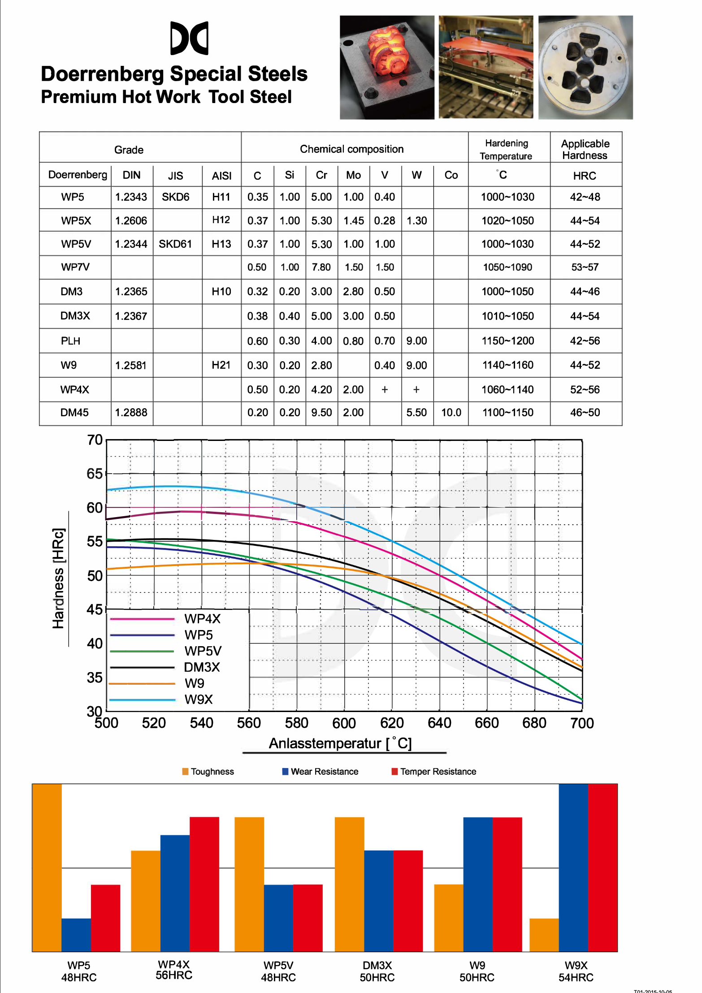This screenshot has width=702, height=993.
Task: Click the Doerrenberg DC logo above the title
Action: [x=189, y=38]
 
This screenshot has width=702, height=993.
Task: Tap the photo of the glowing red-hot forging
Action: [x=387, y=67]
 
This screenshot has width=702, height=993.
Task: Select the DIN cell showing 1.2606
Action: [x=131, y=220]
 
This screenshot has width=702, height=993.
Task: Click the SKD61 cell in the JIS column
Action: [x=175, y=244]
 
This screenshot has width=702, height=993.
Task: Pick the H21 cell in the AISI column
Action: [x=221, y=365]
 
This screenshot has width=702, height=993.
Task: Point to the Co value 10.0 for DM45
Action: [x=451, y=413]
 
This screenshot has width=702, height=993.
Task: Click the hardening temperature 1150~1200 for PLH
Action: [x=508, y=341]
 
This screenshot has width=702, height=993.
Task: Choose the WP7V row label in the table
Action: [x=75, y=268]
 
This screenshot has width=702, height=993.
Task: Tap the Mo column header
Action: [x=353, y=175]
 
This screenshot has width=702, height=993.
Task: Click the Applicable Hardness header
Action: [x=585, y=149]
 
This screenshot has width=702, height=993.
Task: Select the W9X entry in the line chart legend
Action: [x=198, y=699]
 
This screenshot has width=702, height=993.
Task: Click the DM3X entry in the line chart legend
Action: [x=202, y=667]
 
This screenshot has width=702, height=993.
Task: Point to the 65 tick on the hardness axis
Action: [x=95, y=474]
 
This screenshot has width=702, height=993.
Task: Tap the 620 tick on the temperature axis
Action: [x=392, y=723]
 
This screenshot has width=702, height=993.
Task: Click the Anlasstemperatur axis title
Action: [x=340, y=743]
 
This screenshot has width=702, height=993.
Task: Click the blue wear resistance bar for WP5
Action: [x=76, y=935]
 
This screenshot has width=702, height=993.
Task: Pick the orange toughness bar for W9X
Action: [x=544, y=935]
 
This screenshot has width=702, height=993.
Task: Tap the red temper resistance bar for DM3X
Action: [x=408, y=901]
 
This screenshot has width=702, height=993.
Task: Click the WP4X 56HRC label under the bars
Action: [x=174, y=970]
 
